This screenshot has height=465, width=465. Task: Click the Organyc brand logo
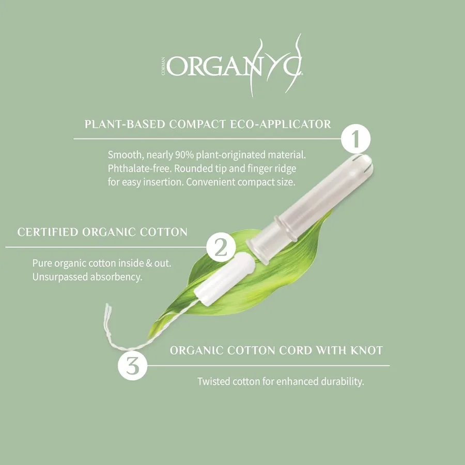(232, 65)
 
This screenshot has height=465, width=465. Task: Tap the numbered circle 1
(355, 139)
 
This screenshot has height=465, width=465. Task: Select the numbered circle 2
(221, 247)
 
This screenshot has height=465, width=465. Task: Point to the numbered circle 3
(133, 366)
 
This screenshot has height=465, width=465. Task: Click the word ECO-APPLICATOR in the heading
(281, 124)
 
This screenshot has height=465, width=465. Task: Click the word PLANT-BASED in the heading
(125, 124)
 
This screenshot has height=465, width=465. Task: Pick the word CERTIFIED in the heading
(48, 232)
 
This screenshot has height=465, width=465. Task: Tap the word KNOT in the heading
(367, 350)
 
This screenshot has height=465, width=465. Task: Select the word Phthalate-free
(139, 168)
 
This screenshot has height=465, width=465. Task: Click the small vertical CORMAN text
(163, 66)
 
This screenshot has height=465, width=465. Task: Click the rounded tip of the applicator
(364, 163)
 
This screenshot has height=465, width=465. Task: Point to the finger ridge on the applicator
(286, 229)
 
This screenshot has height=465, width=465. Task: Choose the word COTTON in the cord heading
(251, 350)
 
